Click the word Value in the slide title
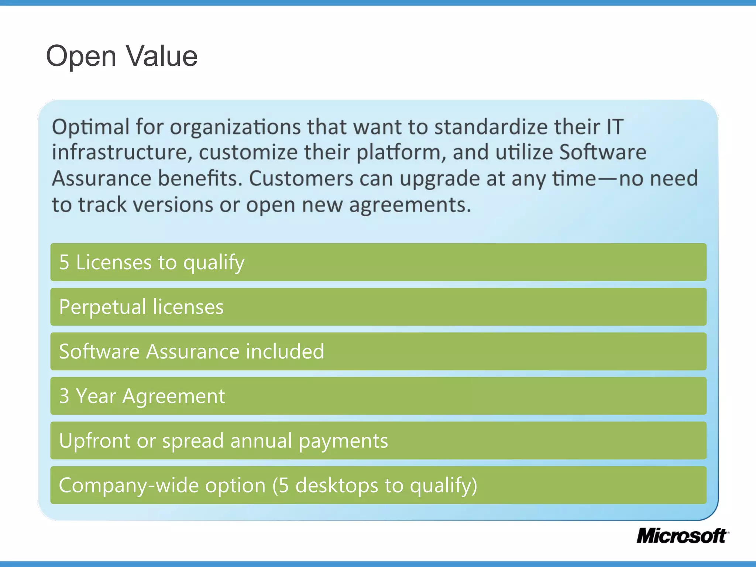162,56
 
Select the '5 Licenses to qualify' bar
378,262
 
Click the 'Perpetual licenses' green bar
378,307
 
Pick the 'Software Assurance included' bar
378,351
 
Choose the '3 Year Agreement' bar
378,396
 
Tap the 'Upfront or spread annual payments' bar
378,441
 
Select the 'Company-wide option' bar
378,485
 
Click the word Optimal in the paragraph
90,127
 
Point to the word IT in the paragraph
614,127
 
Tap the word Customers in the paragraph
301,179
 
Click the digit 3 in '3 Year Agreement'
64,396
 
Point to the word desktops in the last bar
337,485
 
